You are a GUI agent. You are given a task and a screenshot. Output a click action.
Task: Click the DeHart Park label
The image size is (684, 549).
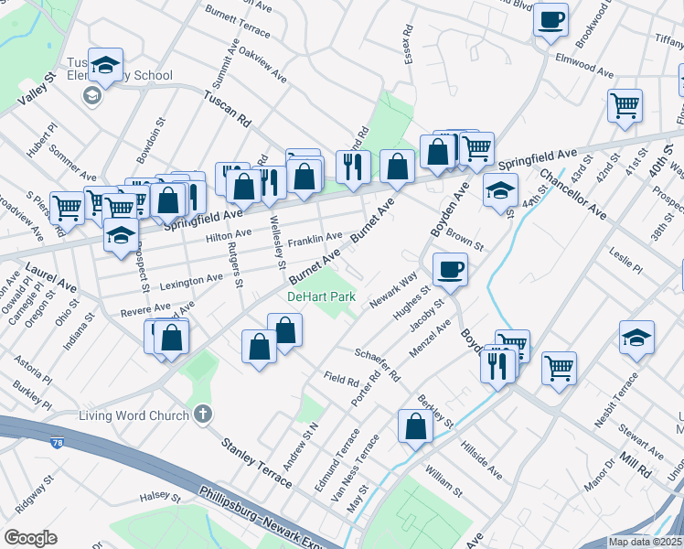click(x=321, y=297)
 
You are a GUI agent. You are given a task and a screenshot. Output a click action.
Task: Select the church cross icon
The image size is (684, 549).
click(x=203, y=414)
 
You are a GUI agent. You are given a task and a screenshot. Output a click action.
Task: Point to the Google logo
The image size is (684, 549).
click(x=31, y=538)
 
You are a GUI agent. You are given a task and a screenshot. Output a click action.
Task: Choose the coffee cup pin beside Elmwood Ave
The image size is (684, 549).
click(x=550, y=19)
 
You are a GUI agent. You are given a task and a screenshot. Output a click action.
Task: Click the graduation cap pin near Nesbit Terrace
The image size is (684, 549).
click(x=636, y=338)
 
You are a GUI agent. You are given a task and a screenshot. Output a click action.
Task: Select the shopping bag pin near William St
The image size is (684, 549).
click(x=416, y=425)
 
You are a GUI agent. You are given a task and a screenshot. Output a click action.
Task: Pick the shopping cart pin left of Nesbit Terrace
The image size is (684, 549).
click(x=559, y=368)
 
